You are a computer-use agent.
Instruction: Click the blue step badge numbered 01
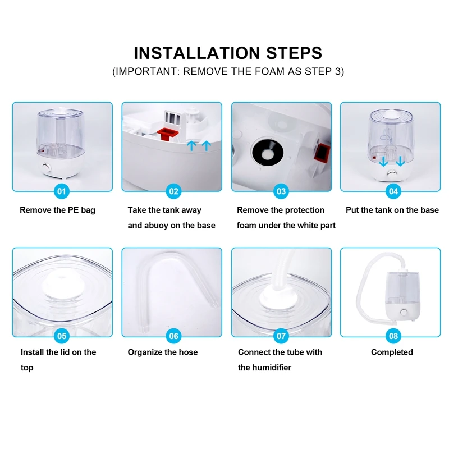tap(62, 191)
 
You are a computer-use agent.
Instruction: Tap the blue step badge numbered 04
tap(393, 191)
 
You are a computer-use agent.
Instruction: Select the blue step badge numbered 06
tap(173, 336)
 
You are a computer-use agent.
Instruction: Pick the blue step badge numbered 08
tap(393, 336)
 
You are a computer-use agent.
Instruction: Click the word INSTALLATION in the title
tap(197, 53)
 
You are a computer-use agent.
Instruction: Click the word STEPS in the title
tap(294, 53)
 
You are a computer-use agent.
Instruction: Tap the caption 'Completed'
tap(392, 352)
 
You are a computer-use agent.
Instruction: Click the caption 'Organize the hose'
tap(163, 352)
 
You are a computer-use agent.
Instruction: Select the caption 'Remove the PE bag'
tap(58, 210)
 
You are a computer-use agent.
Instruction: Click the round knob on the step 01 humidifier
tap(46, 168)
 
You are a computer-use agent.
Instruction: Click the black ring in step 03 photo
tap(268, 152)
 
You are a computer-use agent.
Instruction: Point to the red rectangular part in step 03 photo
tap(322, 152)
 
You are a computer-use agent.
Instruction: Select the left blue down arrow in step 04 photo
tap(383, 161)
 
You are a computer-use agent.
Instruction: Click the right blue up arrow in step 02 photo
tap(206, 145)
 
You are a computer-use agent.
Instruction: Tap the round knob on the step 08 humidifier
tap(404, 312)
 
